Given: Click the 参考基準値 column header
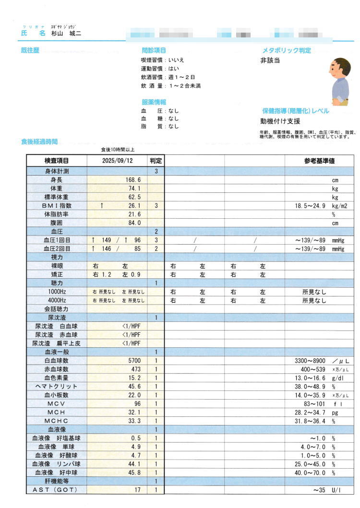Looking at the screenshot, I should [x=319, y=162].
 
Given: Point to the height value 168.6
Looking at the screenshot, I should [x=132, y=179].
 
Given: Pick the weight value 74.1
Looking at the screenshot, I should [x=133, y=188].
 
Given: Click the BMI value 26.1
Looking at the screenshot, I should [x=133, y=205].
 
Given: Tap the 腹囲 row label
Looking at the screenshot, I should [x=57, y=223].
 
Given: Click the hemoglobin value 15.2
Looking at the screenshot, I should [x=133, y=378].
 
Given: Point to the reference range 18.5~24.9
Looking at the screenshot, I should [x=310, y=205].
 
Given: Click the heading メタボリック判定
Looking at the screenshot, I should [x=286, y=50].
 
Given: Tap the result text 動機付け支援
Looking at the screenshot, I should [x=280, y=121].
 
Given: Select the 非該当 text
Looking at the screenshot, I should [x=270, y=60].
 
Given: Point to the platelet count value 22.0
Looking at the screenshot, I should [x=133, y=395].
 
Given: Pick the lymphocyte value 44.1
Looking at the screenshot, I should [x=133, y=464].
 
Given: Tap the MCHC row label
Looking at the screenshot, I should [x=57, y=421].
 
